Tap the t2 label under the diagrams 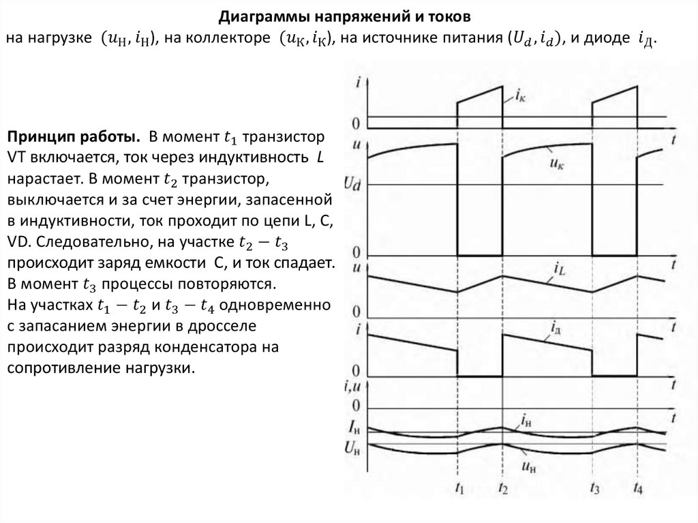(x=502, y=489)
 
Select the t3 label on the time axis (x=593, y=489)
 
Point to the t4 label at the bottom (x=637, y=489)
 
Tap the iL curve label (x=560, y=271)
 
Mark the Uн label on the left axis (x=352, y=448)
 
